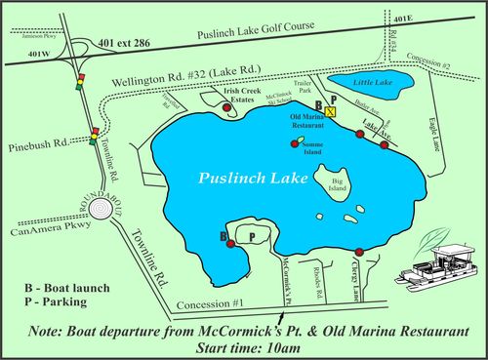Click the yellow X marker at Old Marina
tap(331, 112)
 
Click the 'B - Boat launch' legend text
tap(66, 288)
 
